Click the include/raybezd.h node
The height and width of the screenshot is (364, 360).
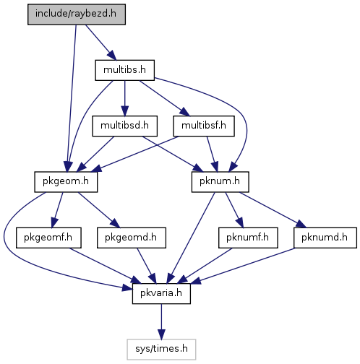(x=77, y=14)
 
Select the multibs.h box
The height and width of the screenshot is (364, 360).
(x=124, y=70)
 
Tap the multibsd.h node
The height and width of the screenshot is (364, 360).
(x=124, y=126)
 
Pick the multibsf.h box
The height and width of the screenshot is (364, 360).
(x=204, y=126)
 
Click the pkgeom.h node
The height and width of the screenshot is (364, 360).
(x=66, y=182)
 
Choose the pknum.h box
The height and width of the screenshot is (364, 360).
(x=220, y=182)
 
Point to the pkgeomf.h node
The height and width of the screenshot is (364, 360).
(x=48, y=238)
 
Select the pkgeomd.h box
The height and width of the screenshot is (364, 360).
(x=132, y=238)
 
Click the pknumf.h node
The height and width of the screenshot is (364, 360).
(x=248, y=238)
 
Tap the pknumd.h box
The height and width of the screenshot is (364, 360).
(x=325, y=238)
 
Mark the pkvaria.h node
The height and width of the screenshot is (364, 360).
(x=161, y=293)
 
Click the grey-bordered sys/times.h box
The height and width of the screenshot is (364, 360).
(x=161, y=350)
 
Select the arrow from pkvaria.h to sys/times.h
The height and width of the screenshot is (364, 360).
(x=161, y=321)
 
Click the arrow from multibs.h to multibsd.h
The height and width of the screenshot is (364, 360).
(x=124, y=98)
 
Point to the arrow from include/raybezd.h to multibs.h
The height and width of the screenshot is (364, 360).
(x=101, y=43)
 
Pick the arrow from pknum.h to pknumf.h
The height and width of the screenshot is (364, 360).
(x=234, y=210)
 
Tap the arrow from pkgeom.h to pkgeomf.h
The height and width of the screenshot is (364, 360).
(x=57, y=210)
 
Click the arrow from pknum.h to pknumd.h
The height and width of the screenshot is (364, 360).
(x=273, y=210)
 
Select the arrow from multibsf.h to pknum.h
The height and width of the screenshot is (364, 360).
(x=213, y=154)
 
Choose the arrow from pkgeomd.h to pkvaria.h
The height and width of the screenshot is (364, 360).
(x=147, y=266)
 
